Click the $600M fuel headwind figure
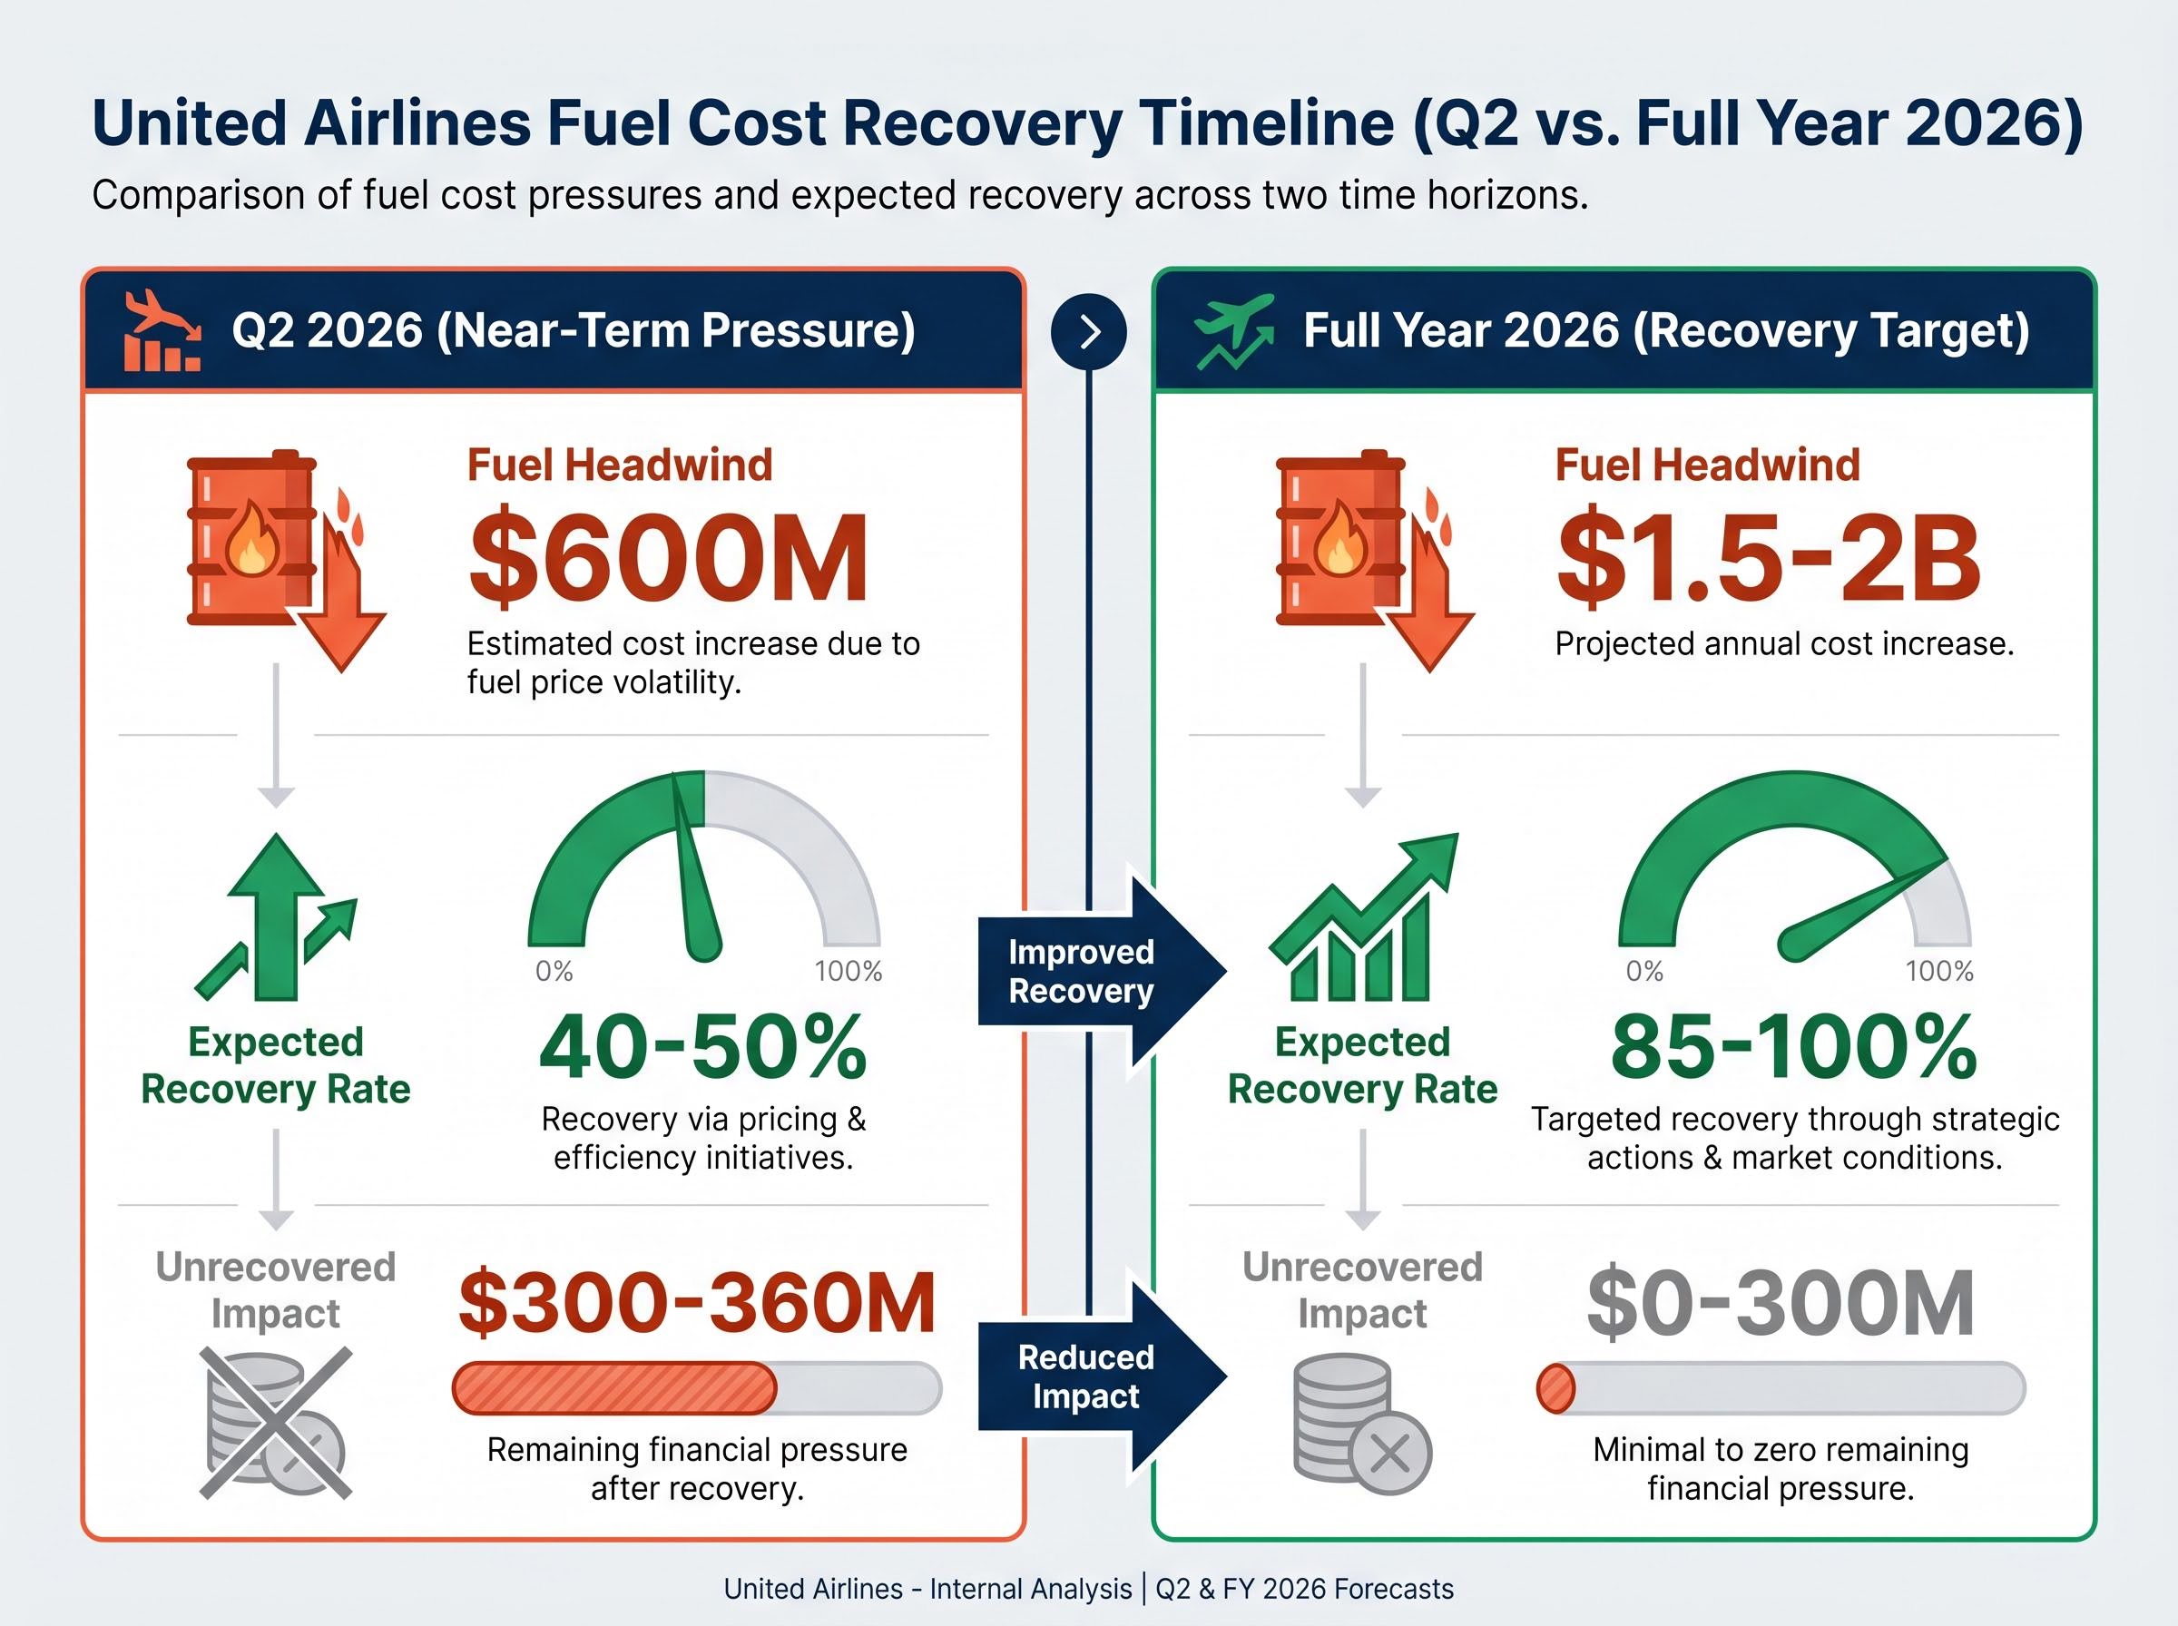pos(668,558)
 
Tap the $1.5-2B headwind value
pos(1768,558)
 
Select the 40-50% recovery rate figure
pos(702,1047)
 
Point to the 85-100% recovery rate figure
pos(1793,1047)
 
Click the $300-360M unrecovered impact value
pos(697,1303)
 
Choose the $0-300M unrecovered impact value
pos(1781,1303)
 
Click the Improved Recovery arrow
pos(1097,971)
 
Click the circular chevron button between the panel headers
pos(1088,332)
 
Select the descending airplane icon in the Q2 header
pos(162,329)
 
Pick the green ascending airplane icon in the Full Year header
pos(1234,329)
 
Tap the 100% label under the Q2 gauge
pos(848,972)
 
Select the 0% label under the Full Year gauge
pos(1644,972)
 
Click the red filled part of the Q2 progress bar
pos(613,1387)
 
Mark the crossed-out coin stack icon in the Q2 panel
pos(276,1422)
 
